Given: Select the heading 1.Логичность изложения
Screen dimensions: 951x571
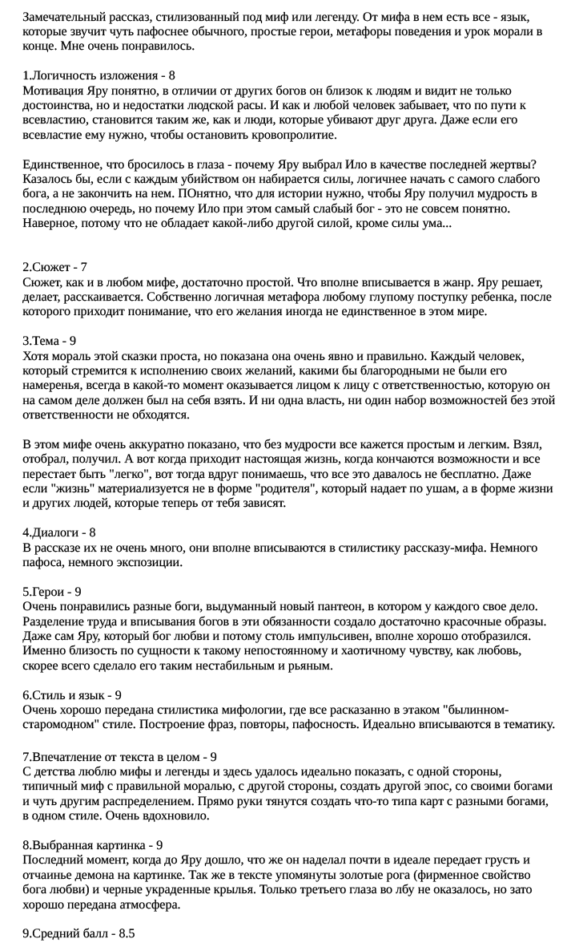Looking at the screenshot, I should click(x=90, y=75).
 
